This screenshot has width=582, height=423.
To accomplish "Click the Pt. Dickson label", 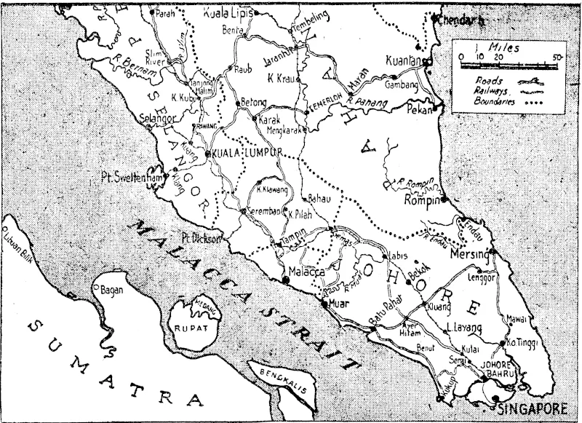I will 202,237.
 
